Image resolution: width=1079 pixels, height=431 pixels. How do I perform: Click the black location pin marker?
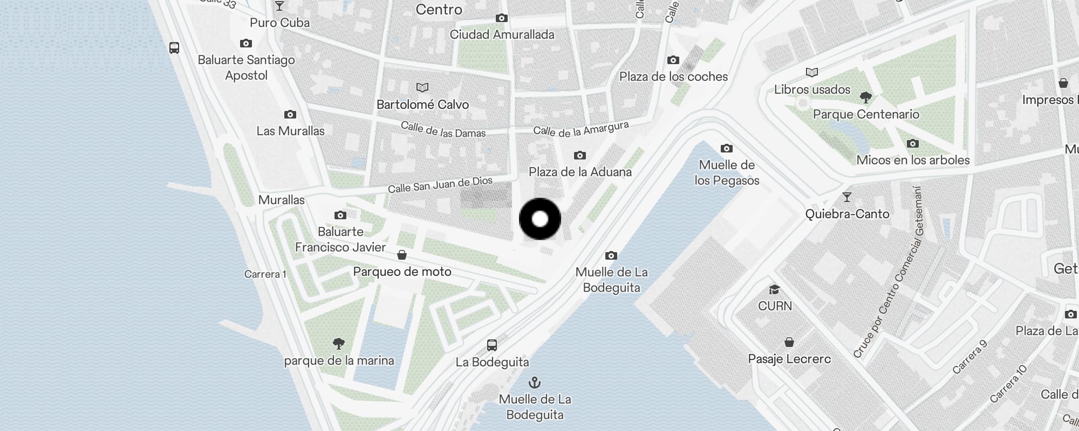point(540,219)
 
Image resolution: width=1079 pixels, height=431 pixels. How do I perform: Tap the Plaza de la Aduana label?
point(580,172)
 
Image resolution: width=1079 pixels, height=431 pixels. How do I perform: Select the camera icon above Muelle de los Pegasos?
point(727,148)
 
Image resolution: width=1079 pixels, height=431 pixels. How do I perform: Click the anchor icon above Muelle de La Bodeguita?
point(534,383)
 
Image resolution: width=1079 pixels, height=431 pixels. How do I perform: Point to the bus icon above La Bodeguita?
point(492,345)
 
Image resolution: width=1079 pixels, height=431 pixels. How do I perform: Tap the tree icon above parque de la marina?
point(339,343)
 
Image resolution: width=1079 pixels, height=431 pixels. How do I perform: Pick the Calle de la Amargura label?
point(581,129)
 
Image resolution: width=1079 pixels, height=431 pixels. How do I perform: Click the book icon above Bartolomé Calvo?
point(422,87)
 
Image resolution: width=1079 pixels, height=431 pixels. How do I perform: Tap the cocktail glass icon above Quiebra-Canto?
point(847,197)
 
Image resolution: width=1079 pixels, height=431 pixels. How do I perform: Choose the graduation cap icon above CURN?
point(775,290)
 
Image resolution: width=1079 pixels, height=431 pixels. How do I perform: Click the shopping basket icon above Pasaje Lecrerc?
point(789,342)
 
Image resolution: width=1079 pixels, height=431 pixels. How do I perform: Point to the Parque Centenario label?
point(866,114)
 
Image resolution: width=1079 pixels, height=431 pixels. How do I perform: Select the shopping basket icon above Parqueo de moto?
point(402,255)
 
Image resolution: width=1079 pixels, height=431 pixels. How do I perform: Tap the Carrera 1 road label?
point(265,274)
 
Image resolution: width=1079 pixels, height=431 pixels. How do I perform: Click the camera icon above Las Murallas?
point(290,114)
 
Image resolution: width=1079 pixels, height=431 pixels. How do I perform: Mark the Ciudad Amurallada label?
point(502,34)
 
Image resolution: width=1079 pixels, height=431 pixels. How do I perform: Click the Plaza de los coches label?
point(673,77)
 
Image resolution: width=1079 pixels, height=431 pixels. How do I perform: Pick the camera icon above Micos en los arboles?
point(913,143)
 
